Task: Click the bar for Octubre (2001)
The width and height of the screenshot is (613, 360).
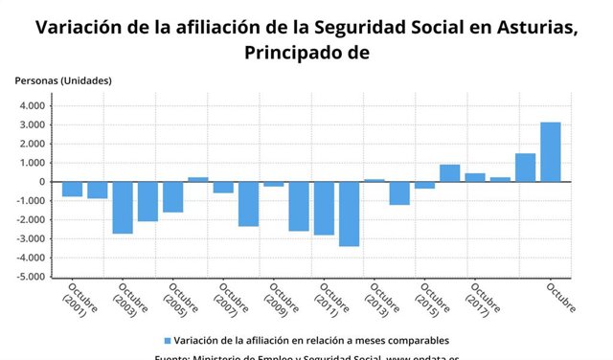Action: click(72, 189)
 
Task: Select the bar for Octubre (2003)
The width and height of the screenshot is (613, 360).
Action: click(123, 207)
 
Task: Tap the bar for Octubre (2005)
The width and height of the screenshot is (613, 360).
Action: click(172, 196)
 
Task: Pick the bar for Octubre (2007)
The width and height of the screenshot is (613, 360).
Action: click(223, 187)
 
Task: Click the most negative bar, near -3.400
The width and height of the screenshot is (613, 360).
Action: click(349, 214)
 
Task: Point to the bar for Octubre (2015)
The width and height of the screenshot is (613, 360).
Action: click(424, 185)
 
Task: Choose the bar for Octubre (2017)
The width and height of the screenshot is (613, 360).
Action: click(475, 177)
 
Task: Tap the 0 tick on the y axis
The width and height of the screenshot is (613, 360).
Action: click(42, 182)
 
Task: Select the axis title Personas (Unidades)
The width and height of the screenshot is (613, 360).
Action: click(62, 80)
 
